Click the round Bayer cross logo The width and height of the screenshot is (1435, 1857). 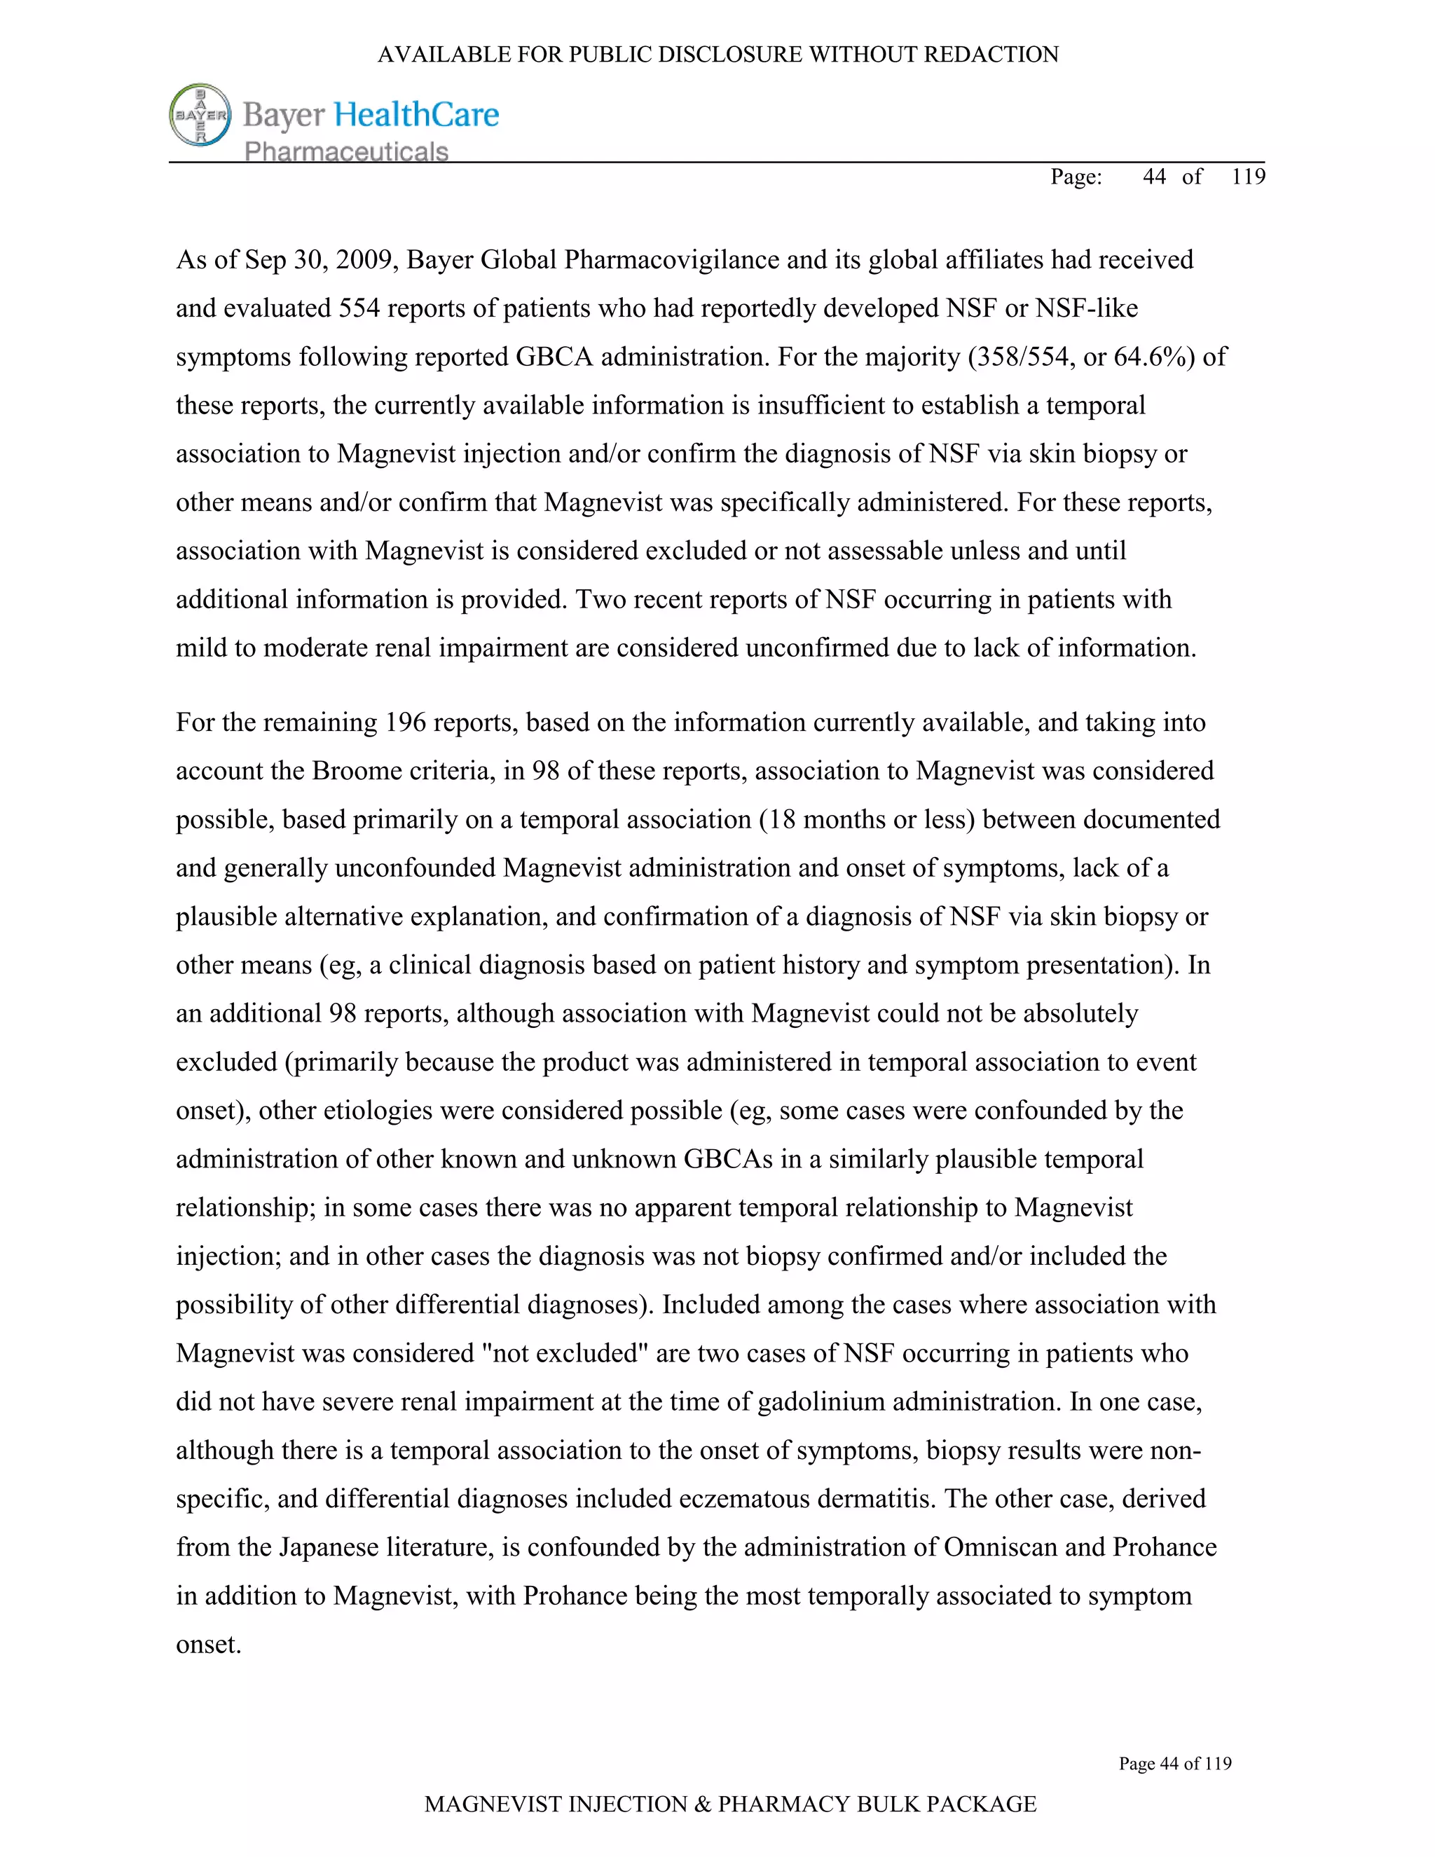pos(200,115)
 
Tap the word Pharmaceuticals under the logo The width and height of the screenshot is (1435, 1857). pos(346,152)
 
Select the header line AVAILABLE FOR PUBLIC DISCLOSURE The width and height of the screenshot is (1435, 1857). pos(717,55)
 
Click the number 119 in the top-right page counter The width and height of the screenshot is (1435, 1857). pos(1248,177)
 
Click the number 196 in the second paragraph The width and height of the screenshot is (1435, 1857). pos(406,722)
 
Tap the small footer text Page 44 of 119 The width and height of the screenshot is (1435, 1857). pos(1174,1764)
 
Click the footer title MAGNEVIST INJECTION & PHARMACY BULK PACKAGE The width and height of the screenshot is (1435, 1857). pos(729,1804)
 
